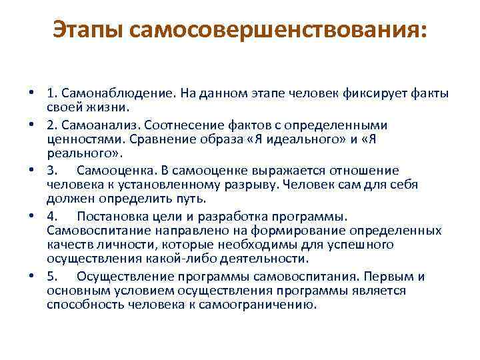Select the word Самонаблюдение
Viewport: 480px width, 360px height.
click(x=117, y=93)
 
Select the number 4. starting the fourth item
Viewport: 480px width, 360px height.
click(x=53, y=216)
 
